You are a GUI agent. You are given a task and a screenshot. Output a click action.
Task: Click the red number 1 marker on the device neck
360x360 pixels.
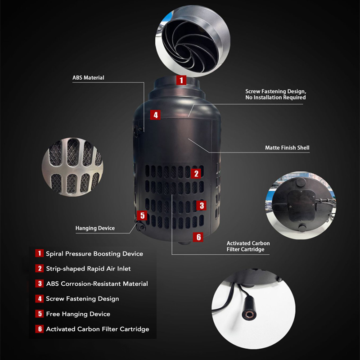pyautogui.click(x=181, y=80)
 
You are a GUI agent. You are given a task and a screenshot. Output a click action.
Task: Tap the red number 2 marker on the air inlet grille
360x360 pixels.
pyautogui.click(x=196, y=174)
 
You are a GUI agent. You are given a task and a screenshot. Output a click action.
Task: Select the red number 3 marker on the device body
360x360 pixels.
pyautogui.click(x=201, y=205)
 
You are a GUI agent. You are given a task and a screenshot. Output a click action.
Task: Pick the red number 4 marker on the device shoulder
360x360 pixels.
pyautogui.click(x=155, y=115)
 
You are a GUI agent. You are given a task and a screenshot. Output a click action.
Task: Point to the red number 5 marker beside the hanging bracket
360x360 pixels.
pyautogui.click(x=142, y=215)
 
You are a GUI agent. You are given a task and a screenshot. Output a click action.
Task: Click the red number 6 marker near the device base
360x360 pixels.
pyautogui.click(x=198, y=237)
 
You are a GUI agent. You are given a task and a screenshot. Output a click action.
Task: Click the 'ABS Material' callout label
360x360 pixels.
pyautogui.click(x=88, y=77)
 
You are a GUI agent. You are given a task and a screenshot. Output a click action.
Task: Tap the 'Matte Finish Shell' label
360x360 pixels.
pyautogui.click(x=287, y=148)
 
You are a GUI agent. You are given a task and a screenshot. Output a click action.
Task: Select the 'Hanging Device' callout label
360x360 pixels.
pyautogui.click(x=95, y=228)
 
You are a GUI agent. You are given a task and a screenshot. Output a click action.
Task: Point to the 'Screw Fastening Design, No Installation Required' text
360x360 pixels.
pyautogui.click(x=275, y=94)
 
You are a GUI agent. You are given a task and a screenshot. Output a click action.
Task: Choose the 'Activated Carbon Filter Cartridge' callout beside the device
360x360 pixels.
pyautogui.click(x=248, y=246)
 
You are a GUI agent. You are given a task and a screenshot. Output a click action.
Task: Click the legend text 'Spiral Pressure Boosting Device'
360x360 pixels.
pyautogui.click(x=94, y=253)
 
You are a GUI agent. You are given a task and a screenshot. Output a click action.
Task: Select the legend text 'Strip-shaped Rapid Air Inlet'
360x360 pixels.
pyautogui.click(x=88, y=269)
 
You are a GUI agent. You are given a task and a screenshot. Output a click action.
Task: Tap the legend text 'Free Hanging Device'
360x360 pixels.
pyautogui.click(x=78, y=314)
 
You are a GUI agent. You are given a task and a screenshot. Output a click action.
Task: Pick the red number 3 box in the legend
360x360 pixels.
pyautogui.click(x=40, y=283)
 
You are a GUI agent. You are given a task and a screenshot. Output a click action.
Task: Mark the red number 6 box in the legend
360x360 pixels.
pyautogui.click(x=40, y=329)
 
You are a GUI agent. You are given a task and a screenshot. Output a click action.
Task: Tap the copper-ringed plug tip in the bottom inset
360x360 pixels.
pyautogui.click(x=248, y=314)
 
